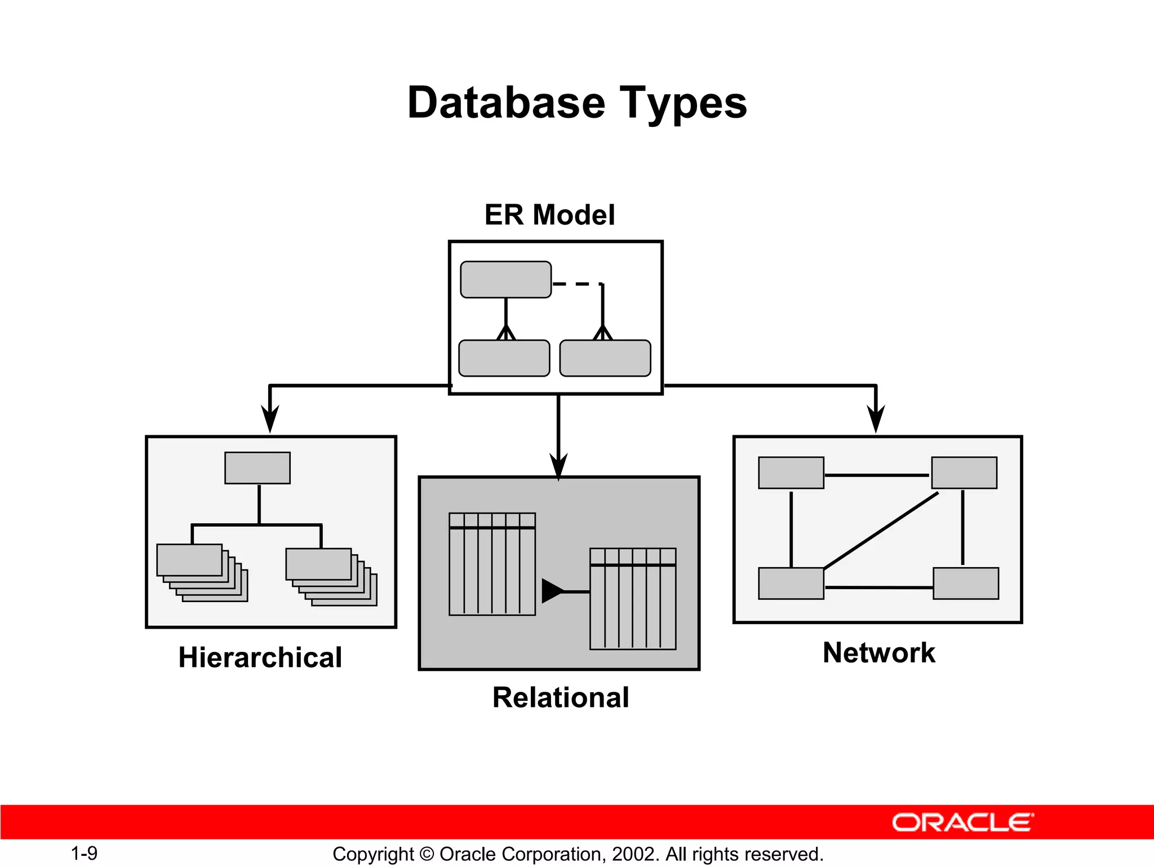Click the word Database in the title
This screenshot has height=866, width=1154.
506,103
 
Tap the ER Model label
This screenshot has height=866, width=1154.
549,215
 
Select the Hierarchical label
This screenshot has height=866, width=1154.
260,657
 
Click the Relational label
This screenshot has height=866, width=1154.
561,697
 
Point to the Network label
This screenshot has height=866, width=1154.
878,653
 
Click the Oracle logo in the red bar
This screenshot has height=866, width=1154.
962,823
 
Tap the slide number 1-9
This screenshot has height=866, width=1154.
84,854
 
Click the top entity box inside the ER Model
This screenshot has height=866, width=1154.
505,280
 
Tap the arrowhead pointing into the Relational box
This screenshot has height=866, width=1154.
558,467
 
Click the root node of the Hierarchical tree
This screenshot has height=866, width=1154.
258,468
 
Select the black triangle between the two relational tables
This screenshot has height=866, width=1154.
552,591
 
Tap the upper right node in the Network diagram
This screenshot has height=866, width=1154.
964,472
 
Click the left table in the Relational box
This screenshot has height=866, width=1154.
492,564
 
